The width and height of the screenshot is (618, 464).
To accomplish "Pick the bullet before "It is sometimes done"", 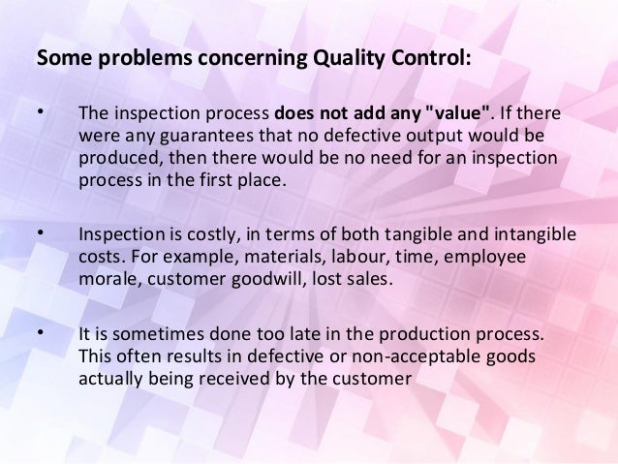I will (40, 336).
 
